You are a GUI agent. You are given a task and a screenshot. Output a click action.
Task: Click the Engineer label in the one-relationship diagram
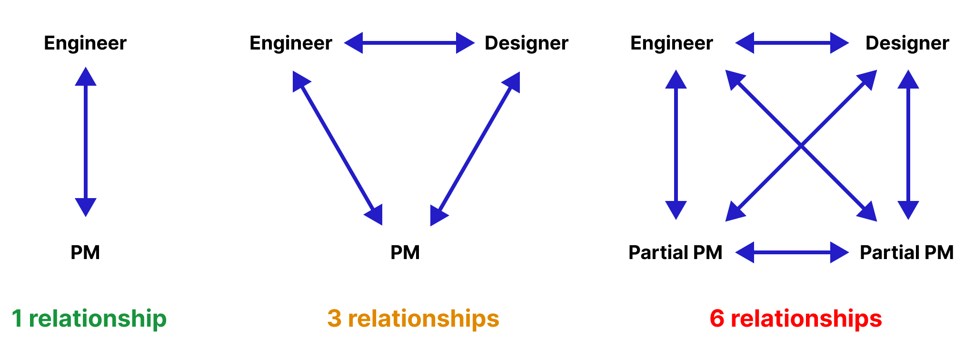(85, 43)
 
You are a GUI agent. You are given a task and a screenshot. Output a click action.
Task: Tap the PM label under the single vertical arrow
(85, 252)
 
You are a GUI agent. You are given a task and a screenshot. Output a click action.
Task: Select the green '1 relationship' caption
(89, 318)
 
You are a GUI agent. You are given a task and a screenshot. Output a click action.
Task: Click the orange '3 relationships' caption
(413, 318)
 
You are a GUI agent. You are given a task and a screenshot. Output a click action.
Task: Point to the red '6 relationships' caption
(795, 318)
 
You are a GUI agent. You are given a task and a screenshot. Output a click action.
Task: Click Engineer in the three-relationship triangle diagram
(291, 43)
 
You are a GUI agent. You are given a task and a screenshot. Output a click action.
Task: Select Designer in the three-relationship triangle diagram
(526, 43)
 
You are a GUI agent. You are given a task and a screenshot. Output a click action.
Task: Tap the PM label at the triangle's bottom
(405, 252)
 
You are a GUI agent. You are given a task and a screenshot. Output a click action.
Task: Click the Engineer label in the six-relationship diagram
(672, 43)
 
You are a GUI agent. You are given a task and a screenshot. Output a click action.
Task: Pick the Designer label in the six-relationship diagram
(907, 43)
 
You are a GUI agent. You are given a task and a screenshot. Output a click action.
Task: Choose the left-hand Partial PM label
(676, 252)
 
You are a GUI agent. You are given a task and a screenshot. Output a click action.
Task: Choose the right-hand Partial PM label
(906, 252)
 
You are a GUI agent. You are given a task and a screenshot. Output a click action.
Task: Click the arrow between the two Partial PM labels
(792, 252)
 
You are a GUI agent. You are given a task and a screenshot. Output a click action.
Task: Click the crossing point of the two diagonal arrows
(801, 146)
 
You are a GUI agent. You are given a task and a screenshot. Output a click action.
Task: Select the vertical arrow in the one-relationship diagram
(86, 142)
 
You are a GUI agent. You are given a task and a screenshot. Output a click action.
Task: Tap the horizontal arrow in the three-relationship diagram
(409, 43)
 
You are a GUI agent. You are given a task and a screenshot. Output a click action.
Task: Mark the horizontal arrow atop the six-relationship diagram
(792, 43)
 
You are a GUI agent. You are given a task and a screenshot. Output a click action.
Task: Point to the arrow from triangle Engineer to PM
(338, 148)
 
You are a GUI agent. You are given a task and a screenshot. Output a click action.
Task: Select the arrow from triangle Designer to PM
(475, 149)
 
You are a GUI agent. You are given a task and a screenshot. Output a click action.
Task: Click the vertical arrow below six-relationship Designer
(908, 145)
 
